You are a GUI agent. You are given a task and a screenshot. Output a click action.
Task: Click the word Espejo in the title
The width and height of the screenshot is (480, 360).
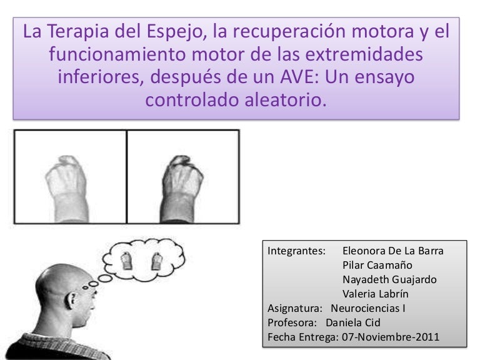point(174,32)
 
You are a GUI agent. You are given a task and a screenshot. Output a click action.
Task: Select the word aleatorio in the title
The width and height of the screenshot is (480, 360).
point(285,100)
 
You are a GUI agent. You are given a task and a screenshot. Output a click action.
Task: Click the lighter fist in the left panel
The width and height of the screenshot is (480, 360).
point(67,189)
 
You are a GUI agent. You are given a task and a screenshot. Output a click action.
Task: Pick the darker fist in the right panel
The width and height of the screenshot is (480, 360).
point(182,189)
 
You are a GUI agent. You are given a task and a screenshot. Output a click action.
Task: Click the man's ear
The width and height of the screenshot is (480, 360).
point(72,301)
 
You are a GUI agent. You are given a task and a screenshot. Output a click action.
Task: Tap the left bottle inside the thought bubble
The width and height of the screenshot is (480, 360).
point(126,261)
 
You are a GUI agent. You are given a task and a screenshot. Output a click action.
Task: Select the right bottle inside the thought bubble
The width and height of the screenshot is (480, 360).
point(156,261)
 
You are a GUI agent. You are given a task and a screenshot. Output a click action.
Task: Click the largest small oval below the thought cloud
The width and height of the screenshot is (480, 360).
point(105,278)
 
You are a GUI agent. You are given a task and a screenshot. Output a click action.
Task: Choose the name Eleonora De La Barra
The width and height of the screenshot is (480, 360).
point(392,251)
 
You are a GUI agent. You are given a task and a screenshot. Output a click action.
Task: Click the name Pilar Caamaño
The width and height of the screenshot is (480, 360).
point(377,265)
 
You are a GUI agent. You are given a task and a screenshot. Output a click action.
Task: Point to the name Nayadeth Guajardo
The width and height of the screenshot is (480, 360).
point(389,279)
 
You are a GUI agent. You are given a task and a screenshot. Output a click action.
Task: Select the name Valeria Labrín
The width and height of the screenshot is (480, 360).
point(375,294)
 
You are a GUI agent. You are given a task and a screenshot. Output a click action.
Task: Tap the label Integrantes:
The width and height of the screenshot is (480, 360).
point(296,251)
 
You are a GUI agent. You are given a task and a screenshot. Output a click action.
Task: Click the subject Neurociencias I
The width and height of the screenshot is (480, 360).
point(368,308)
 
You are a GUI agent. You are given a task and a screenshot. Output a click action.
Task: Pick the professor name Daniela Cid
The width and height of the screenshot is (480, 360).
point(353,322)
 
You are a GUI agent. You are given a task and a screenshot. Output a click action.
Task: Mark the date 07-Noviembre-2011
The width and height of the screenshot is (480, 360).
point(391,337)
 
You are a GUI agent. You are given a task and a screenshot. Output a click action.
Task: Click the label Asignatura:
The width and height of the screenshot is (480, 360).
point(295,309)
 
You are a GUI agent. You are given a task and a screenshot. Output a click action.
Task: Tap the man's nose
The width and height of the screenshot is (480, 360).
point(93,302)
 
